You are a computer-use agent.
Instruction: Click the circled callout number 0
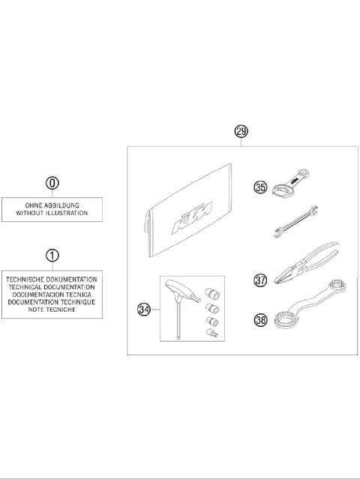click(52, 182)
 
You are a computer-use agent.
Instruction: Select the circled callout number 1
click(52, 256)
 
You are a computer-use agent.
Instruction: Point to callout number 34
click(144, 308)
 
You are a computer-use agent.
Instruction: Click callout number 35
click(260, 187)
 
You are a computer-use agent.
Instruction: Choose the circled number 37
click(260, 280)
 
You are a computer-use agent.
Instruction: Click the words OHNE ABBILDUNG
click(52, 205)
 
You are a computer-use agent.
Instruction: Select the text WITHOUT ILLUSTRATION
click(52, 213)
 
